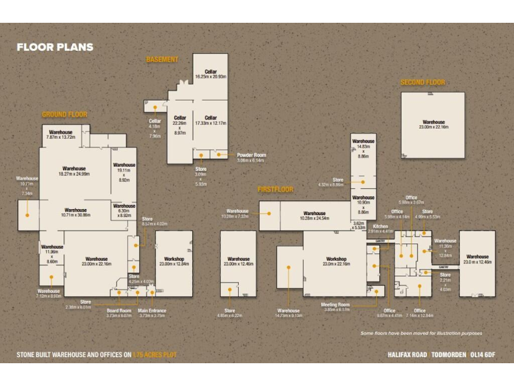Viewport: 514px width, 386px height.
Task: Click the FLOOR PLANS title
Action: point(55,48)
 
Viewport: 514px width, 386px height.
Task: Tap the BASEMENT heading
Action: point(162,60)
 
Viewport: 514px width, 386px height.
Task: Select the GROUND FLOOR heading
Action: point(64,115)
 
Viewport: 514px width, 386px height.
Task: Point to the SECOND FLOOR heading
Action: point(422,82)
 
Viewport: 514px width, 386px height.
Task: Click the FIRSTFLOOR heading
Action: point(275,190)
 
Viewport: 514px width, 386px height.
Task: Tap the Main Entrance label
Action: point(152,313)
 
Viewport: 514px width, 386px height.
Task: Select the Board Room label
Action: point(119,313)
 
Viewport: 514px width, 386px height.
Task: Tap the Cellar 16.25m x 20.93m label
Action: point(211,74)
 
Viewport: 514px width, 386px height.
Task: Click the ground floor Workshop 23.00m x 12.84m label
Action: point(173,261)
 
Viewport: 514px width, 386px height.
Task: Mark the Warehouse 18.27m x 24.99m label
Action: point(74,171)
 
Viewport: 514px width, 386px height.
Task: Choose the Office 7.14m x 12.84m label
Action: point(420,313)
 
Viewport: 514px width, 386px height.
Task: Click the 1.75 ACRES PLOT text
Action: point(155,354)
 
